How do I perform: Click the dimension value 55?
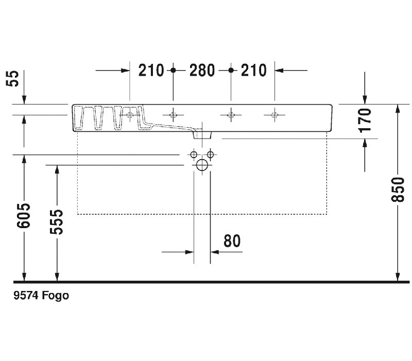pyautogui.click(x=12, y=78)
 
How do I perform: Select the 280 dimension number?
pyautogui.click(x=202, y=71)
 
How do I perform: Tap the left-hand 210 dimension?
pyautogui.click(x=151, y=71)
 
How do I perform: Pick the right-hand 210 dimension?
pyautogui.click(x=253, y=71)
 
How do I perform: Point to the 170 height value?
pyautogui.click(x=365, y=121)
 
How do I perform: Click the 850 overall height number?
pyautogui.click(x=398, y=190)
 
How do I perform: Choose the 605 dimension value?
pyautogui.click(x=23, y=215)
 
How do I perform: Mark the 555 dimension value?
pyautogui.click(x=57, y=222)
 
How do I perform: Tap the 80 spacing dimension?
pyautogui.click(x=232, y=241)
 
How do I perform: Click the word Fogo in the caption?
pyautogui.click(x=56, y=296)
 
